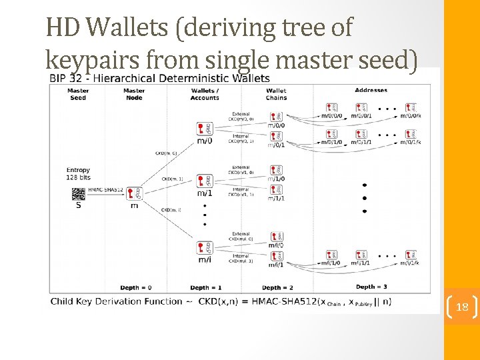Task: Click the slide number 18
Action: click(x=462, y=307)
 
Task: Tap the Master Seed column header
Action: click(x=78, y=94)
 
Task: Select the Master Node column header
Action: click(x=134, y=94)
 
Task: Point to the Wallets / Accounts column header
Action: click(x=205, y=94)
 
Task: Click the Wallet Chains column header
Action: click(x=275, y=94)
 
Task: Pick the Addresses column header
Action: click(x=371, y=91)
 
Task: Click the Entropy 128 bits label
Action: click(x=79, y=174)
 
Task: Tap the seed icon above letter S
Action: click(x=79, y=193)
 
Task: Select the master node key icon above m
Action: click(x=134, y=193)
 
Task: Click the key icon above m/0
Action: click(x=205, y=128)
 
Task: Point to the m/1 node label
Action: click(x=205, y=193)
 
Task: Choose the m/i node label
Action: click(x=205, y=259)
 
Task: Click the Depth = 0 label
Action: click(x=136, y=287)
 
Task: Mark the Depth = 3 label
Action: click(x=371, y=287)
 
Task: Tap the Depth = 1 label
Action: click(x=206, y=287)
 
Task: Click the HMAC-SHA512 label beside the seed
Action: click(x=106, y=189)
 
